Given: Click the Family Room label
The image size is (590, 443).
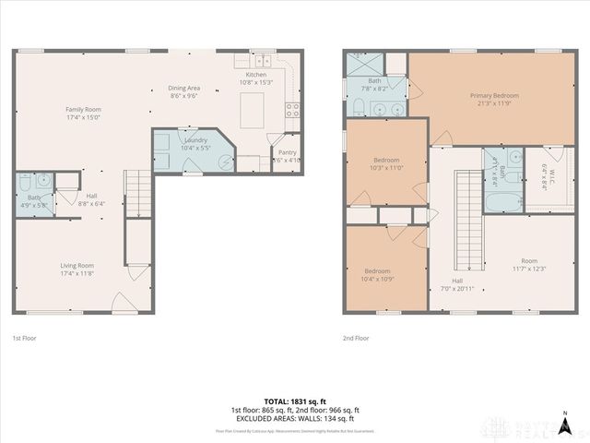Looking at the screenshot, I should pos(83,110).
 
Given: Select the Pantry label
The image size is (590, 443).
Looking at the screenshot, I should pos(288,153).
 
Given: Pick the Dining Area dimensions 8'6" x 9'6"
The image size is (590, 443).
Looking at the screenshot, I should pos(184,95).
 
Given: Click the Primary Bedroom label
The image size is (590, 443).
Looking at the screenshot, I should pos(494,95).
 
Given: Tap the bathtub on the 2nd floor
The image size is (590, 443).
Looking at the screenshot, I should pos(502,198).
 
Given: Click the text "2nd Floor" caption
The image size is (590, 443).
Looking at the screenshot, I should pos(356,339).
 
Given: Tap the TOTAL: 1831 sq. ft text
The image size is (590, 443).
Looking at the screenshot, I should pos(295,401).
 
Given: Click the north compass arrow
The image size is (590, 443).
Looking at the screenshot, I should pos(562,413).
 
